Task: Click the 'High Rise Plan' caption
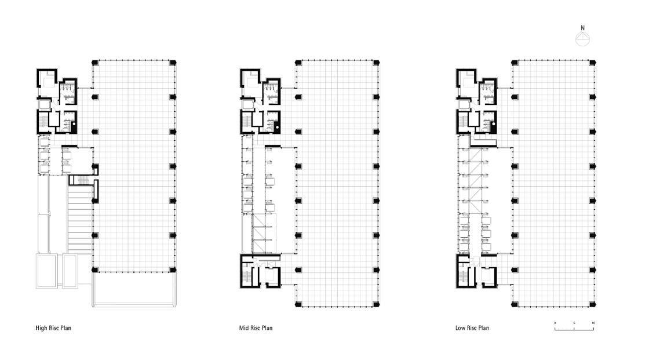pyautogui.click(x=53, y=328)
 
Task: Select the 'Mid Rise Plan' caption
pyautogui.click(x=256, y=328)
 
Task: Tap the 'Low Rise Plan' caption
pyautogui.click(x=472, y=328)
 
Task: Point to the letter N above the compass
pyautogui.click(x=582, y=28)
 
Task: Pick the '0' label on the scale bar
pyautogui.click(x=555, y=323)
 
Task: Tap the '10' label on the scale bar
pyautogui.click(x=593, y=323)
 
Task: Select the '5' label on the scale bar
pyautogui.click(x=574, y=323)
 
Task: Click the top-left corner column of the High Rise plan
pyautogui.click(x=95, y=63)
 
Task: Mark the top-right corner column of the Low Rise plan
pyautogui.click(x=592, y=63)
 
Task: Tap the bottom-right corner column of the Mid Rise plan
pyautogui.click(x=376, y=304)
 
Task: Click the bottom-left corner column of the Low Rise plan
pyautogui.click(x=515, y=304)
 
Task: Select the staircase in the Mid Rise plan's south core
pyautogui.click(x=247, y=274)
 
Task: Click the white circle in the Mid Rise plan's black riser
pyautogui.click(x=276, y=127)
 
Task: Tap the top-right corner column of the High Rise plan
pyautogui.click(x=173, y=63)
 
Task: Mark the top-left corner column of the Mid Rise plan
pyautogui.click(x=298, y=63)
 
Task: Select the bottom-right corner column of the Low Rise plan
pyautogui.click(x=592, y=304)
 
